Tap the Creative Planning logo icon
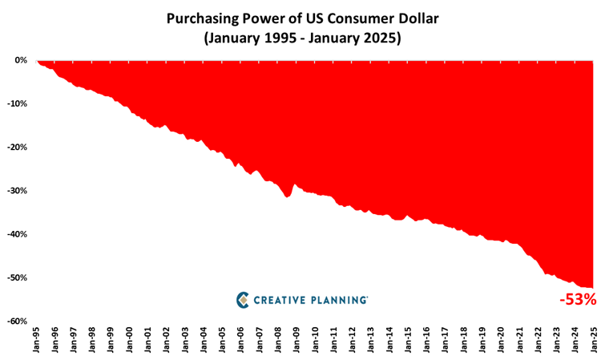tap(243, 299)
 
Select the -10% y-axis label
tap(17, 103)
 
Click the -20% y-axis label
tap(17, 148)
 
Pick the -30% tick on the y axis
tap(17, 191)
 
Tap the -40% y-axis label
tap(17, 234)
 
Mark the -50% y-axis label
tap(17, 277)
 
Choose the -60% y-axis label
tap(17, 321)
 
